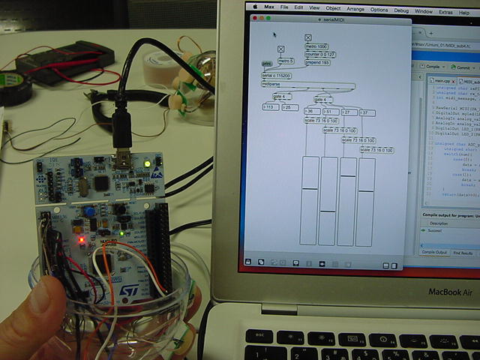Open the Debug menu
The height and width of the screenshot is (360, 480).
401,10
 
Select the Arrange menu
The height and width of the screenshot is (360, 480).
355,10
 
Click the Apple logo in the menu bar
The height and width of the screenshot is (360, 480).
255,6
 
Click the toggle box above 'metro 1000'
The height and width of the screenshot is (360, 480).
307,37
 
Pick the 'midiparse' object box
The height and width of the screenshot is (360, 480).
271,84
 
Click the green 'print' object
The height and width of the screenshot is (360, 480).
266,64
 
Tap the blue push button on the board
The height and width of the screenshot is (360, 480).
89,212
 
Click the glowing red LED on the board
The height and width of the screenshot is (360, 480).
81,240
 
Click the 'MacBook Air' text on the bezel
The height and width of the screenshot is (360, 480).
449,292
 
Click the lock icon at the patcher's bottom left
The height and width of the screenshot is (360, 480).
249,262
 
